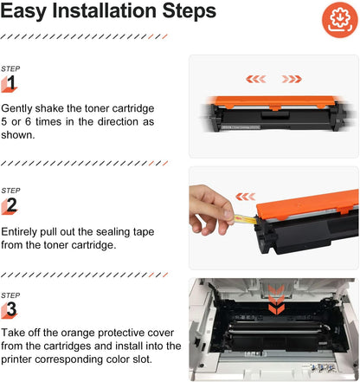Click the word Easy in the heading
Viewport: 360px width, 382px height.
click(x=35, y=13)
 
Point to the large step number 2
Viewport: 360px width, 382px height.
click(x=10, y=205)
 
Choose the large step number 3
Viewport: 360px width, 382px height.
click(x=10, y=308)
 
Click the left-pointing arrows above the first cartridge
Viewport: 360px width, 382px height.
click(x=256, y=79)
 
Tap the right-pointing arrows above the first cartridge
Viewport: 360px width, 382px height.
click(x=291, y=79)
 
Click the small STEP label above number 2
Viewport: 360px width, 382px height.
click(x=10, y=190)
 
